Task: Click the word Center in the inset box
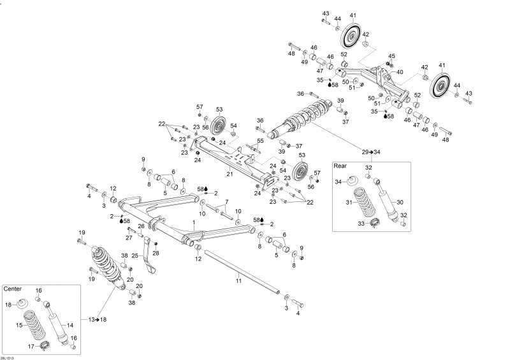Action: coord(13,289)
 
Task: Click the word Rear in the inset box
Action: coord(340,166)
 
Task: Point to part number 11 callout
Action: coord(238,280)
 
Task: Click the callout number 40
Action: coord(400,72)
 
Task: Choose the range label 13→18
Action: coord(98,319)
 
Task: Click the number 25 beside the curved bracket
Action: coord(135,255)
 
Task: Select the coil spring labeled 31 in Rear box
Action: coord(360,199)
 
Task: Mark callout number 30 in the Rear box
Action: coord(400,203)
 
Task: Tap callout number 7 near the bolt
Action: coord(226,202)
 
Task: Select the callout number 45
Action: coord(392,56)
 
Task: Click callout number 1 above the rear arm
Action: coord(194,223)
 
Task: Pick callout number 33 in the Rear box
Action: coord(360,224)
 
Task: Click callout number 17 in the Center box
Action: coord(31,346)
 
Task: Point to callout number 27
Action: coord(128,237)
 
